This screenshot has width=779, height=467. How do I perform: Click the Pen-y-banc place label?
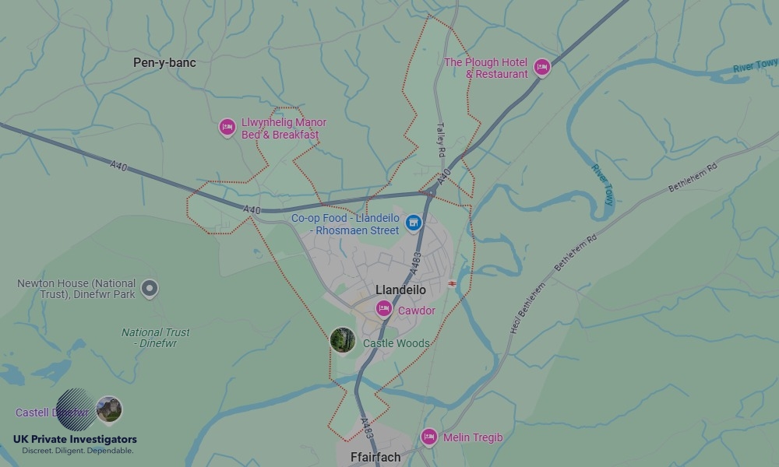(164, 63)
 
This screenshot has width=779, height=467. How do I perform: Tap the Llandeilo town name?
(400, 290)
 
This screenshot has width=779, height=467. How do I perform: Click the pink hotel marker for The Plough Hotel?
(541, 67)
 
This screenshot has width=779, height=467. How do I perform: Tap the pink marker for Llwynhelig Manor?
(227, 127)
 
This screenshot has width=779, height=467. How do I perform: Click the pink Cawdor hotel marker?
(384, 309)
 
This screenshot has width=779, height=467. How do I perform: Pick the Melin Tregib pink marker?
(428, 437)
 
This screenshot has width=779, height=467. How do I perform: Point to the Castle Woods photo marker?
(343, 339)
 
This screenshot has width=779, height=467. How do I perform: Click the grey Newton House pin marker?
(149, 289)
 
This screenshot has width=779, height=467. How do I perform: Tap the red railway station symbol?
(452, 284)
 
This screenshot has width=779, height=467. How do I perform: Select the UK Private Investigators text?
(75, 440)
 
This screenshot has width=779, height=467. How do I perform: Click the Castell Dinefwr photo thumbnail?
(109, 409)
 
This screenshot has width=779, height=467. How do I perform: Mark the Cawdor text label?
(417, 311)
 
